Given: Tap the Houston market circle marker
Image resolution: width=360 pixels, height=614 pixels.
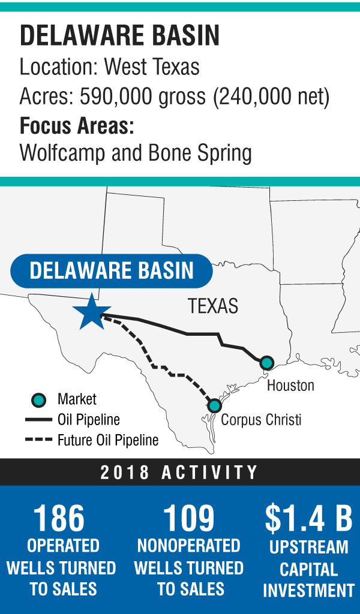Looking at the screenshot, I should (x=267, y=362).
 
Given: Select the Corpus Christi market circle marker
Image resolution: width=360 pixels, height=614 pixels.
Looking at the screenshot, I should (x=214, y=405).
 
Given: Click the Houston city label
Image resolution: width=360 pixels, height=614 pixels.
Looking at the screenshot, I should (x=290, y=385).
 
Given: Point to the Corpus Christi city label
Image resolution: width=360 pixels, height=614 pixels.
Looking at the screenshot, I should (x=261, y=420).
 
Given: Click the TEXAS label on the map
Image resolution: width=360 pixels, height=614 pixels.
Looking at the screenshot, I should (x=213, y=306).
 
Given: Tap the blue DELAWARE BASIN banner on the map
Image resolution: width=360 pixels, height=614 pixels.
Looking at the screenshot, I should (x=112, y=270).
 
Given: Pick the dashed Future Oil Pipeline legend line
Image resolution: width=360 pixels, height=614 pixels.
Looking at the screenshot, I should (x=38, y=441).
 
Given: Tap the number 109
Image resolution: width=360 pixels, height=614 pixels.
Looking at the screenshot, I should (x=188, y=519).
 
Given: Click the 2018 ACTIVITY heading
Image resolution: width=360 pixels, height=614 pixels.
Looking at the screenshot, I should (x=179, y=472).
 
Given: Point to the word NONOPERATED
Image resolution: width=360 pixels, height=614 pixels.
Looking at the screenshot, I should (x=188, y=546).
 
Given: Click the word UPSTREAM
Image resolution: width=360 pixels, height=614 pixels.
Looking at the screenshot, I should (x=308, y=547).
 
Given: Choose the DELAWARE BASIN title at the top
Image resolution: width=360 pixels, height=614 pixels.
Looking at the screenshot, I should (x=119, y=37).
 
